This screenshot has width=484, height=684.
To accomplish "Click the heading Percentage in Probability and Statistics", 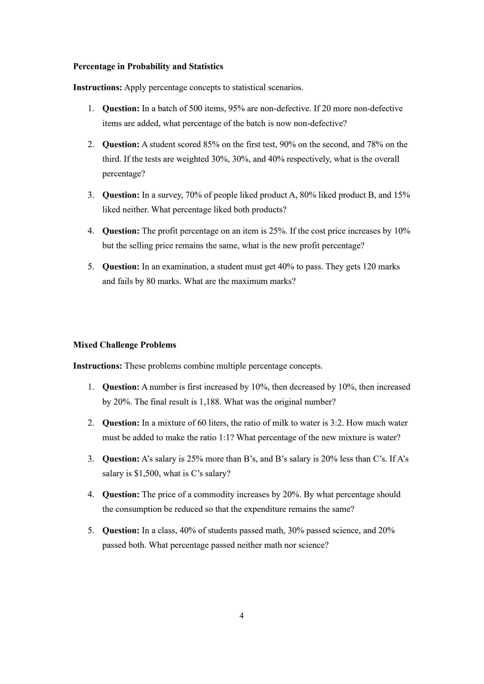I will click(x=148, y=66).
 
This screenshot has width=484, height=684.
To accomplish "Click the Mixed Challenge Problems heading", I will click(x=124, y=345).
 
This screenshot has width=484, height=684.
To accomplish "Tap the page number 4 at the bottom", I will click(x=241, y=616).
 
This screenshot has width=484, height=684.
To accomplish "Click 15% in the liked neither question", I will click(x=402, y=195).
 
